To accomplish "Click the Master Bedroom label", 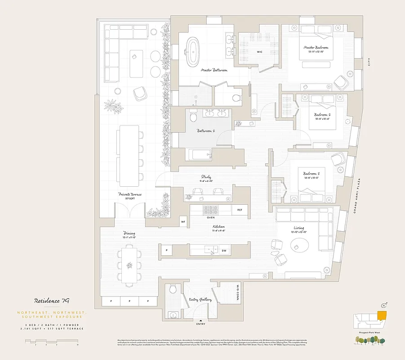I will click(316, 47).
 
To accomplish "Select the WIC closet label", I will click(259, 52).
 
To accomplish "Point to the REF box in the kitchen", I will click(240, 210).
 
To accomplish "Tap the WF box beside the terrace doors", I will click(183, 221).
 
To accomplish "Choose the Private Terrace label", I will click(130, 194).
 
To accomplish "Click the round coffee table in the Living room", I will click(299, 246).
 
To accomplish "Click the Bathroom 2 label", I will click(205, 131).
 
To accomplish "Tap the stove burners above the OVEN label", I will click(210, 210).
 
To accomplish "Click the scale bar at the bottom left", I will click(51, 342).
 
